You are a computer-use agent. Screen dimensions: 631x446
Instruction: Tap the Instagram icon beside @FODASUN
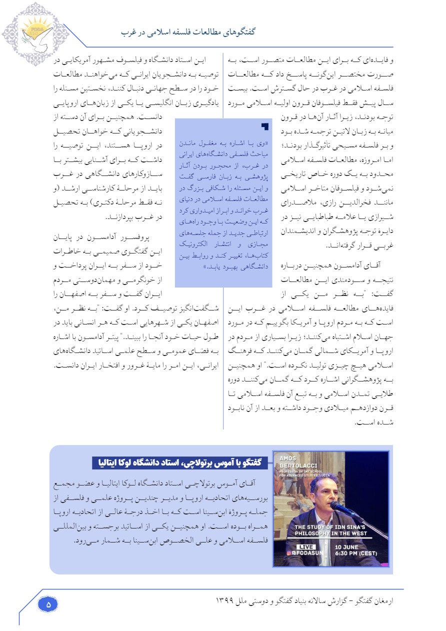coord(289,554)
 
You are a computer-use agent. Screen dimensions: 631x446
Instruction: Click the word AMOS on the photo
coord(289,458)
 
